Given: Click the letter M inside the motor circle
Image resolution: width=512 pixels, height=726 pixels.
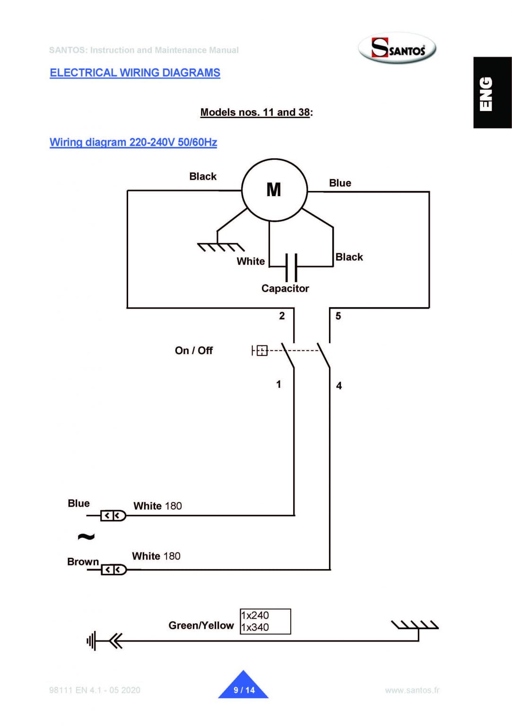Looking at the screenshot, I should pos(274,190).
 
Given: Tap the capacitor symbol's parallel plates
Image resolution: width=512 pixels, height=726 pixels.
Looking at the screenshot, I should pos(291,268).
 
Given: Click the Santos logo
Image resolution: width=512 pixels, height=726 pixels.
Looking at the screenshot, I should pos(397,48).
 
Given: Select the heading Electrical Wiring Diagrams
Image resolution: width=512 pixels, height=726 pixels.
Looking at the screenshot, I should pos(135,73).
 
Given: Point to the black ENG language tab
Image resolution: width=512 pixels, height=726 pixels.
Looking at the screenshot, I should pos(492,93).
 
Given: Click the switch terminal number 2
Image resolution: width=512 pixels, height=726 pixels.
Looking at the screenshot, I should pos(282,316).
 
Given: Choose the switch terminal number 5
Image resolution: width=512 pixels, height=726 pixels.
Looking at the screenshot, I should pos(338,316).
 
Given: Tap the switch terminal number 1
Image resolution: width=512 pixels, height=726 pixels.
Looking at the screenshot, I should pos(278,384).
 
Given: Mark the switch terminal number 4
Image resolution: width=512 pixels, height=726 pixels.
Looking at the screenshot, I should pos(339,386).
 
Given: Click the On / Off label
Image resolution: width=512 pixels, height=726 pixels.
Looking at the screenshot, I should pos(194,351).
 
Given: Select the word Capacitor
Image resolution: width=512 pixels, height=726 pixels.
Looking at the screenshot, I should pos(285,289).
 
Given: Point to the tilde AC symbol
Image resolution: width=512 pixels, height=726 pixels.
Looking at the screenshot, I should pos(86,536).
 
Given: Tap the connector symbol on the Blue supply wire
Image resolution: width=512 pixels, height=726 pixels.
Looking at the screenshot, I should pos(113,516).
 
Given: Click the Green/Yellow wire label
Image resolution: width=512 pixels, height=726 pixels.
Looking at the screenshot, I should pos(201,625).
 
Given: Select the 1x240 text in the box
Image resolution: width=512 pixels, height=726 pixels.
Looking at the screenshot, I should pos(255,615).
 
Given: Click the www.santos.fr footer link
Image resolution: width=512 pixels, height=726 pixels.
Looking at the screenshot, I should pos(412,690).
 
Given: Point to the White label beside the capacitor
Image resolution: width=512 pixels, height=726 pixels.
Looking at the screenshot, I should pos(251,261).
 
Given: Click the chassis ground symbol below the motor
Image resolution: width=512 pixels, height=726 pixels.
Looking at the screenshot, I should pos(220,246).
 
